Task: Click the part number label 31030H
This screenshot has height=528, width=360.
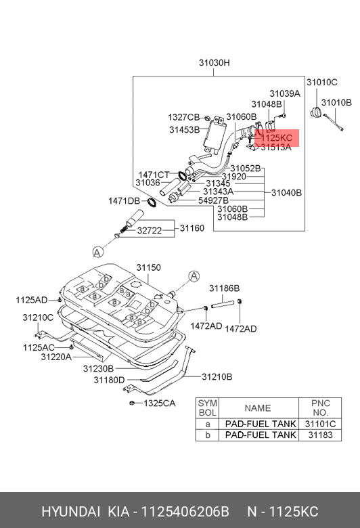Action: (x=215, y=63)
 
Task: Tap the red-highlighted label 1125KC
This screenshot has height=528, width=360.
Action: (x=277, y=138)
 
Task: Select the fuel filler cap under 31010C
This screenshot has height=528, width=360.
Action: (x=316, y=112)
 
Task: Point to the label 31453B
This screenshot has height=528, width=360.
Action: (x=184, y=130)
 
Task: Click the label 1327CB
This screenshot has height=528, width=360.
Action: (x=184, y=117)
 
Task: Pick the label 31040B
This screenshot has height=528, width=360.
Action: (x=286, y=193)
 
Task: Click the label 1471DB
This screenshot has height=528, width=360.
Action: (x=124, y=201)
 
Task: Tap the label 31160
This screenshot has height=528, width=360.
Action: (x=192, y=228)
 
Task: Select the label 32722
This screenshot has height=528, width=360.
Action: (x=150, y=231)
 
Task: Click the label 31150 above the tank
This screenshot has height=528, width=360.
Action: (x=148, y=267)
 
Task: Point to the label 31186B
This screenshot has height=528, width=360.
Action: (x=224, y=288)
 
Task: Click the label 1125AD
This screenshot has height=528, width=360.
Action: (x=31, y=300)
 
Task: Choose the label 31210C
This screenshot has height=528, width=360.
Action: (x=38, y=317)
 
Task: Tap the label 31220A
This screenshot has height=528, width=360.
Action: (x=56, y=357)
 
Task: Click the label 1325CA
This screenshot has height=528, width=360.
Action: (x=160, y=403)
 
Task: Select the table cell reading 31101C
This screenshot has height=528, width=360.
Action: (x=320, y=424)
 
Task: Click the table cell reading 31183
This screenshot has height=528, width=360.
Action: (x=320, y=435)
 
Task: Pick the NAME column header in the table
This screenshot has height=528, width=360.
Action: (x=258, y=408)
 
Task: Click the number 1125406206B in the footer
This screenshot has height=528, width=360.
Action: (x=185, y=512)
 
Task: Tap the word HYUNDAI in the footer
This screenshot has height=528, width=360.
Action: (x=71, y=512)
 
